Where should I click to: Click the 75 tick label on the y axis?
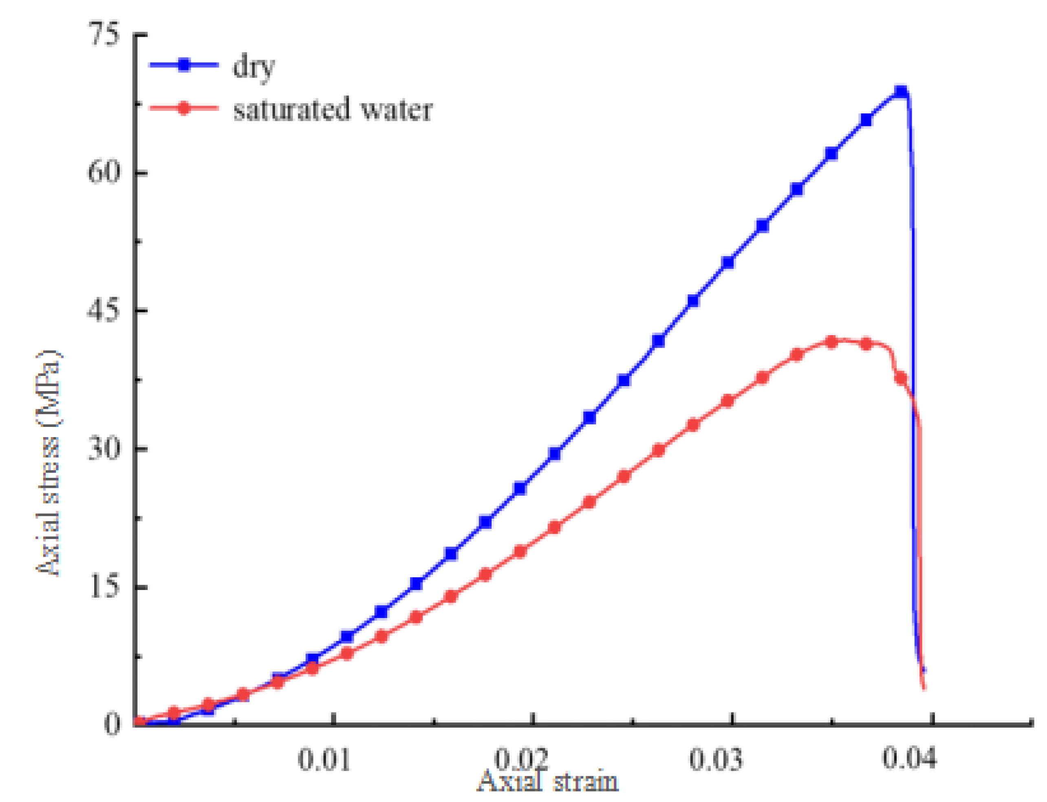104,36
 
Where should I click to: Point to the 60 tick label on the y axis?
102,172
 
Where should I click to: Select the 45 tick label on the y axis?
102,311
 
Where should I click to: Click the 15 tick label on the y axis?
103,587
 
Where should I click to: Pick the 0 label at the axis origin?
112,724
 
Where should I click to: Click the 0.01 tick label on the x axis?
324,759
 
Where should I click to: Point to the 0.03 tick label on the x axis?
716,759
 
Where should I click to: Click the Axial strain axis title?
548,783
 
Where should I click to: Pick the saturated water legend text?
333,110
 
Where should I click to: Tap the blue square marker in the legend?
184,65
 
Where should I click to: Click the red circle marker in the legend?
184,108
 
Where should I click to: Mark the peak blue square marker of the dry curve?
901,92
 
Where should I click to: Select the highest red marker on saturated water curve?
832,342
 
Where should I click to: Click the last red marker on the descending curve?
901,378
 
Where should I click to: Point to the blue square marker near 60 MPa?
831,154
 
